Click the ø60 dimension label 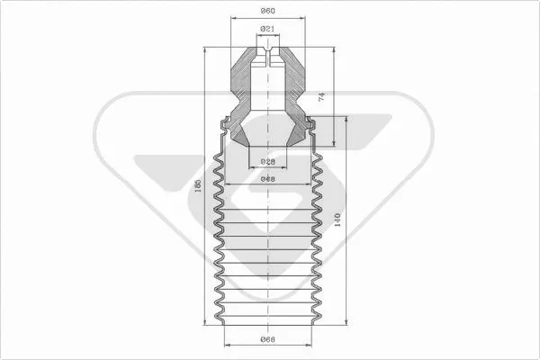pyautogui.click(x=267, y=11)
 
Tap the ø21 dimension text pyautogui.click(x=267, y=29)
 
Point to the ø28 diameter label pyautogui.click(x=267, y=161)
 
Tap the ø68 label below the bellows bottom pyautogui.click(x=267, y=339)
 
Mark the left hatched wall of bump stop pyautogui.click(x=240, y=85)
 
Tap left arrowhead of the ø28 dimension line pyautogui.click(x=250, y=167)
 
